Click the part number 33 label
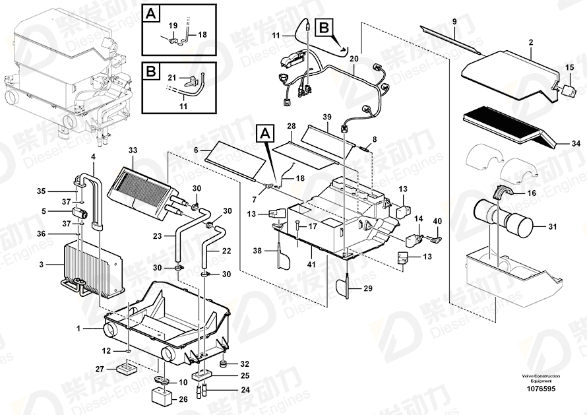(133, 151)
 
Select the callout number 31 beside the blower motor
(552, 227)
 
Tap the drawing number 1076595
(541, 389)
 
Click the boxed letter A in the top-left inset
(151, 13)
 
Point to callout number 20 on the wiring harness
(354, 59)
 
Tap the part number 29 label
(367, 288)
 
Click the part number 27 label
(100, 369)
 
